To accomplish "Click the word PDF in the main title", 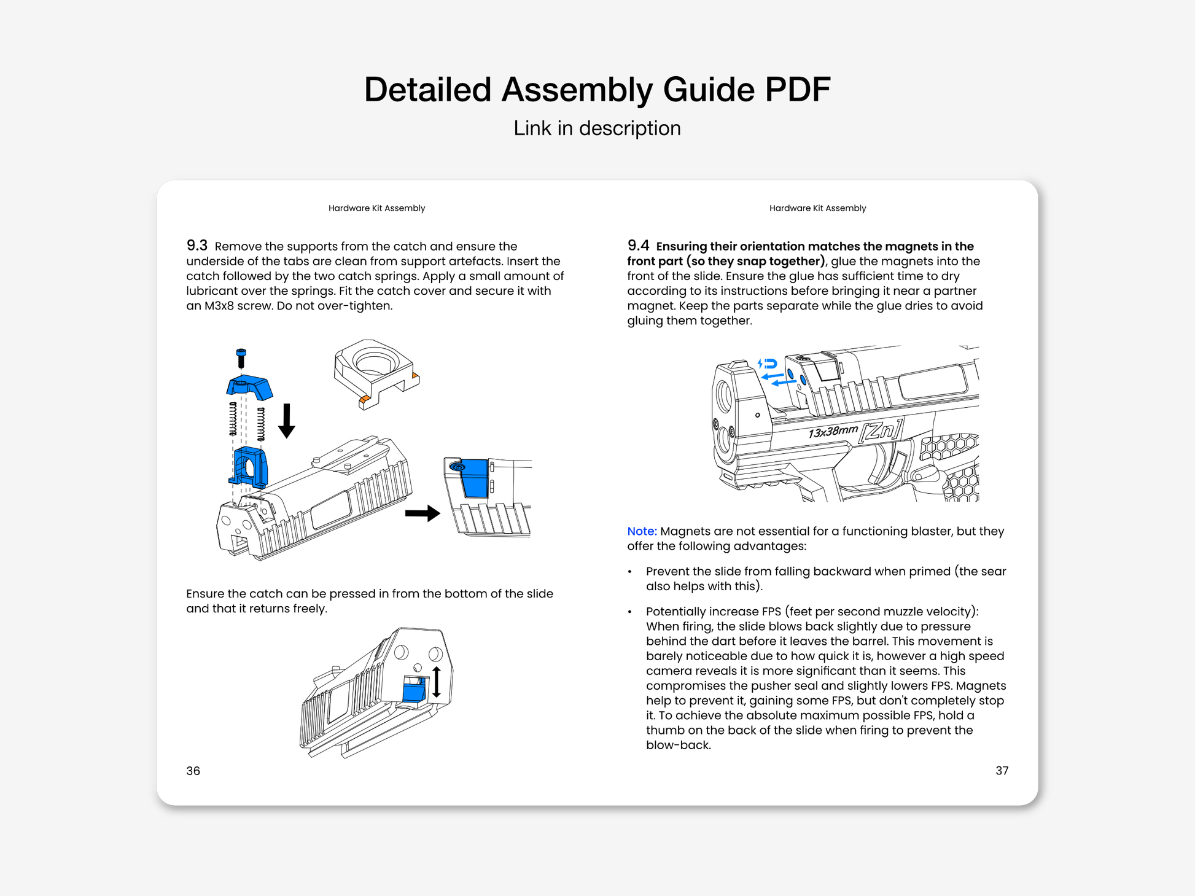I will [796, 90].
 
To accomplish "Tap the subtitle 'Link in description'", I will [597, 128].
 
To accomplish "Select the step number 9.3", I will [197, 246].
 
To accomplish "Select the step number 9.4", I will [638, 246].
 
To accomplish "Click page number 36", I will [193, 771].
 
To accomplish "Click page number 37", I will [1002, 770].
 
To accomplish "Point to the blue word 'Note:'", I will [642, 531].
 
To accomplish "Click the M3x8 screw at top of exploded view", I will [241, 358].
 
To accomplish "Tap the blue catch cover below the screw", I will [249, 387].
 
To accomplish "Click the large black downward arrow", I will [287, 421].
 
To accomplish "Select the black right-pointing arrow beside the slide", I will [422, 513].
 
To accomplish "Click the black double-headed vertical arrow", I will [436, 682].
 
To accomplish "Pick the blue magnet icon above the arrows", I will [768, 364].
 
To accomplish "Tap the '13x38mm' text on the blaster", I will [833, 431].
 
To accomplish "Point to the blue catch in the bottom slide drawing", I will [413, 690].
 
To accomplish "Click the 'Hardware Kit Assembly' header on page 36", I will [376, 208].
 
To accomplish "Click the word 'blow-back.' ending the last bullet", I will [678, 745].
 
